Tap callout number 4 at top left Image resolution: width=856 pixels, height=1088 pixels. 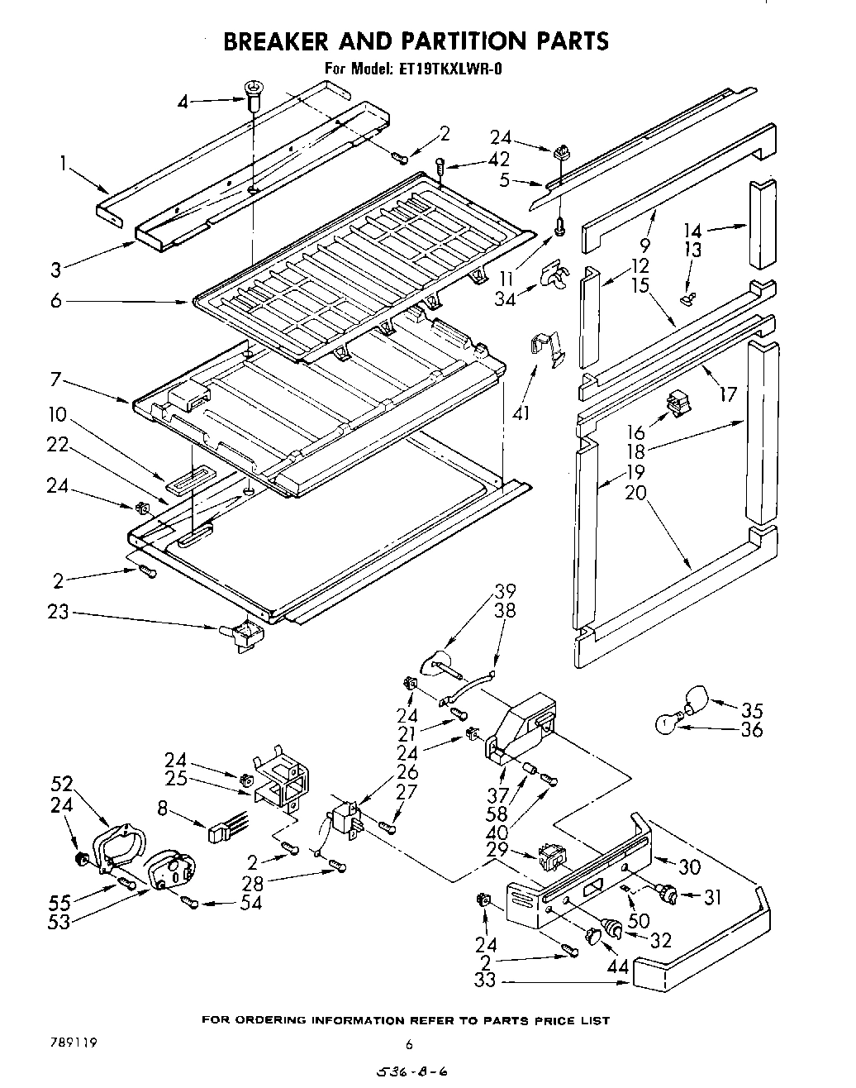pyautogui.click(x=183, y=102)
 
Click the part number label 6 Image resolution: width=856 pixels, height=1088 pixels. pyautogui.click(x=55, y=302)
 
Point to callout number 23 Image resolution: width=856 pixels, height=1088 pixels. pyautogui.click(x=59, y=613)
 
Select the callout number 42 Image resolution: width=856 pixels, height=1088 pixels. pyautogui.click(x=499, y=160)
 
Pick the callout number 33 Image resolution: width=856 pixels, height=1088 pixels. pyautogui.click(x=486, y=982)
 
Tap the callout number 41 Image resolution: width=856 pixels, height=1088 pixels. pyautogui.click(x=521, y=413)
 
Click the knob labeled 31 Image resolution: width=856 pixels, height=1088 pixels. pyautogui.click(x=668, y=892)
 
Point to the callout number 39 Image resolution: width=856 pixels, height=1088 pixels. pyautogui.click(x=505, y=591)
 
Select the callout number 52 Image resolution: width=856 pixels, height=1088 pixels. pyautogui.click(x=62, y=784)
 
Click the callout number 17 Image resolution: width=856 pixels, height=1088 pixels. pyautogui.click(x=727, y=394)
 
